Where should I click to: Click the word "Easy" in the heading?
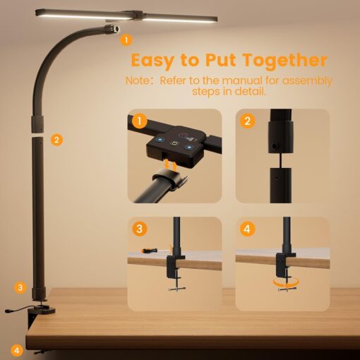coord(155,60)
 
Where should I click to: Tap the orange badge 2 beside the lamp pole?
coord(57,140)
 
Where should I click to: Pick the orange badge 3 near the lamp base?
coord(20,287)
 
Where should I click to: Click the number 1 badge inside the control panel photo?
coord(139,121)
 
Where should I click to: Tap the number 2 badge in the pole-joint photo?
coord(247,121)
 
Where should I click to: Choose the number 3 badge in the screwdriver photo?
coord(139,229)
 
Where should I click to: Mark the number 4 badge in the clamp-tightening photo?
coord(247,229)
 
